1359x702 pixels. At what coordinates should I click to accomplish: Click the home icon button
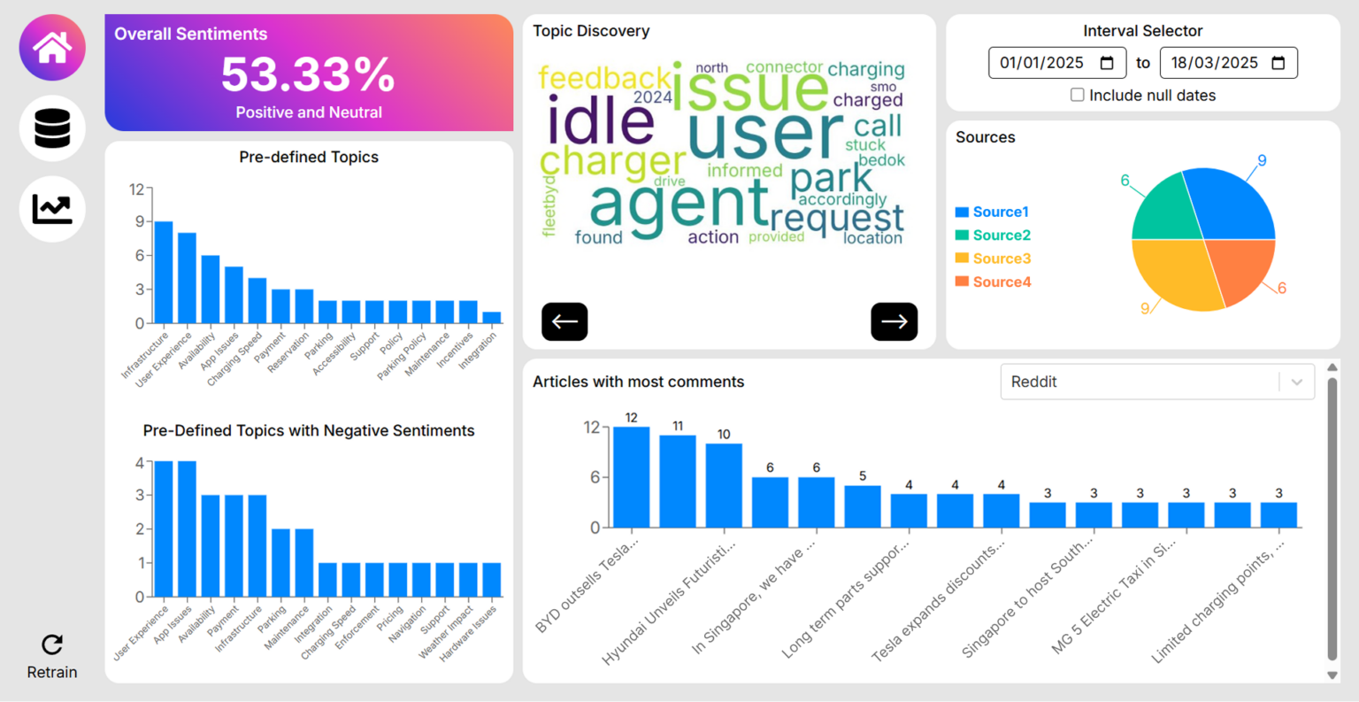pyautogui.click(x=52, y=48)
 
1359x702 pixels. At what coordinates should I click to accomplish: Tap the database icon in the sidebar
pyautogui.click(x=52, y=128)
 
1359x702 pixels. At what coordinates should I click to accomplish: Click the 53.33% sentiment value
pyautogui.click(x=308, y=74)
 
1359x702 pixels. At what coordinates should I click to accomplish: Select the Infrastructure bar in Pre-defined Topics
pyautogui.click(x=164, y=273)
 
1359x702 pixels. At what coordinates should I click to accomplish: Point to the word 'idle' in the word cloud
pyautogui.click(x=601, y=121)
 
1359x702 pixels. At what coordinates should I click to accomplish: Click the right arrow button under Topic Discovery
pyautogui.click(x=894, y=321)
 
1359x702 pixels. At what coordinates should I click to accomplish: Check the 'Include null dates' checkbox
pyautogui.click(x=1078, y=95)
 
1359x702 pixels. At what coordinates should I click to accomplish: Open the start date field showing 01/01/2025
pyautogui.click(x=1042, y=63)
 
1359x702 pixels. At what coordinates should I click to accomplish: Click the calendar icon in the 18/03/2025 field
pyautogui.click(x=1278, y=63)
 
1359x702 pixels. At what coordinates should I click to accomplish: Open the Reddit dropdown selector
pyautogui.click(x=1157, y=382)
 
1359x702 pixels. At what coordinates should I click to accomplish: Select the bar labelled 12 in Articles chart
pyautogui.click(x=631, y=477)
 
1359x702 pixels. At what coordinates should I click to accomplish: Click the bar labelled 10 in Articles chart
pyautogui.click(x=724, y=485)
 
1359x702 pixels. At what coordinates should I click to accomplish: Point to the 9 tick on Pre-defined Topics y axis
pyautogui.click(x=139, y=221)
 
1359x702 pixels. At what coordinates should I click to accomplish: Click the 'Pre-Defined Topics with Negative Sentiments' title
pyautogui.click(x=309, y=430)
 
